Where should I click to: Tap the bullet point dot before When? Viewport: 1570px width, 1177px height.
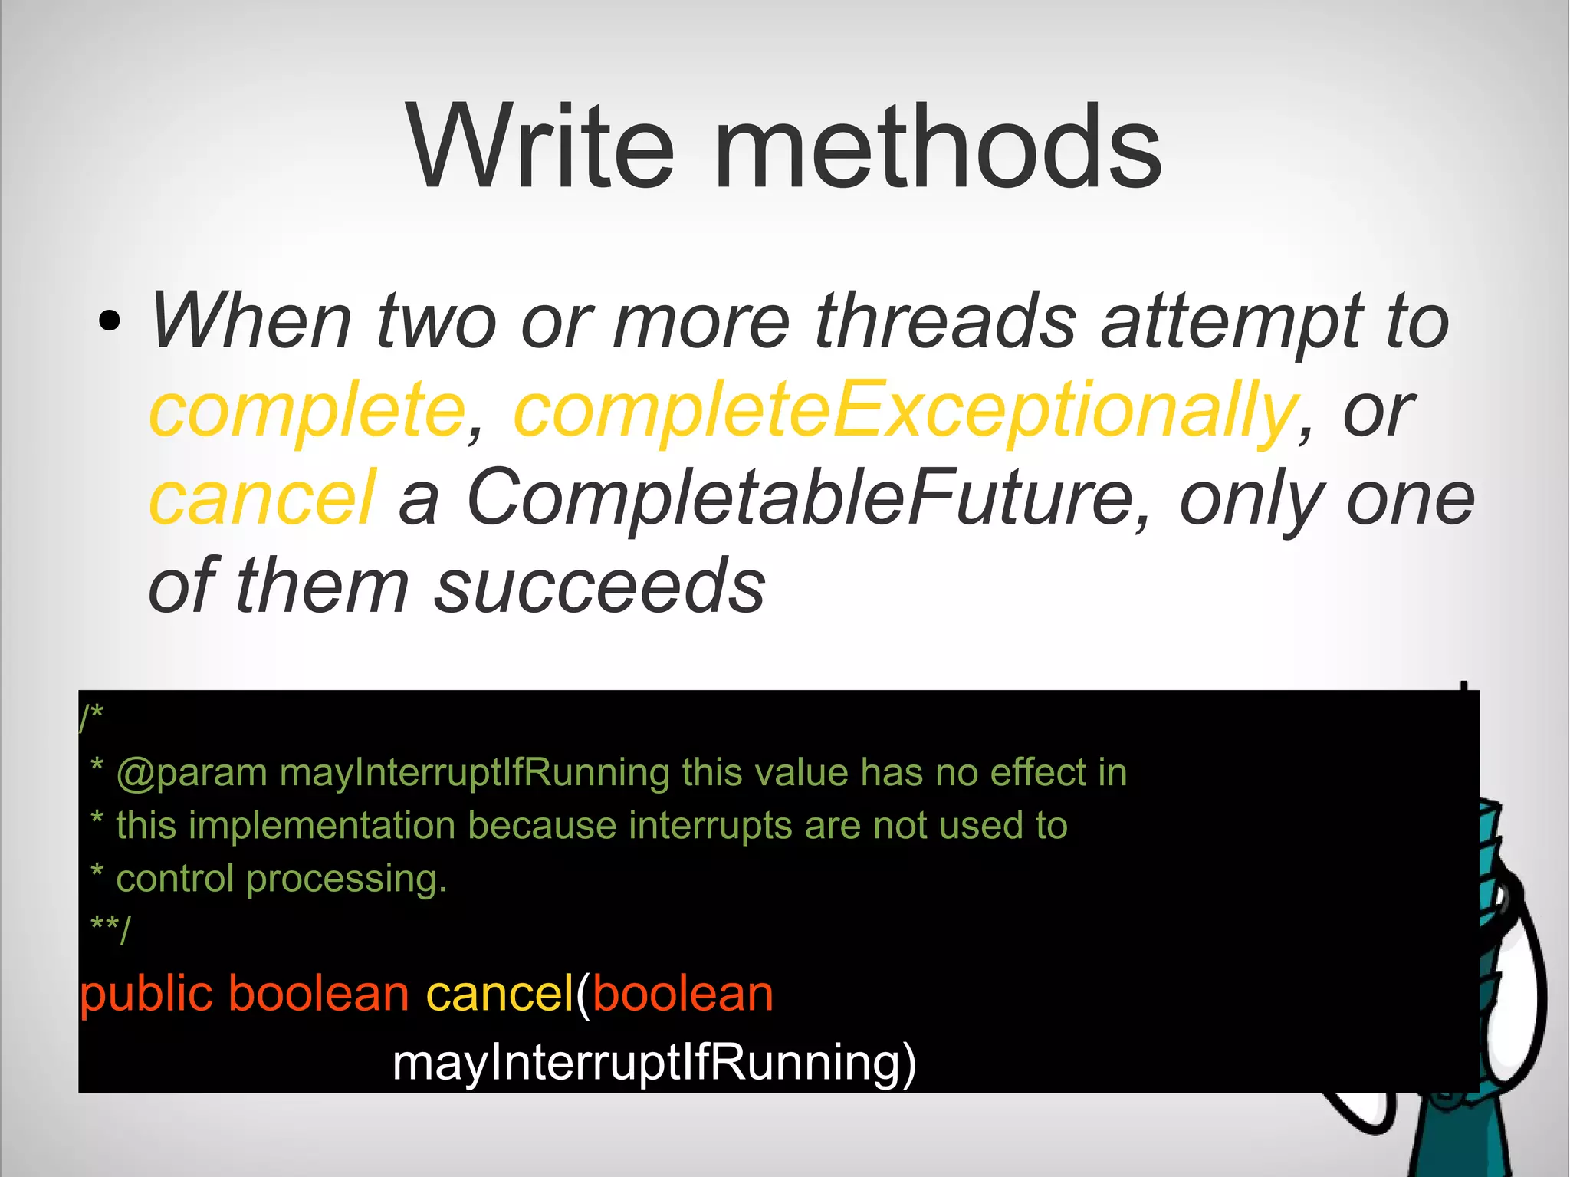coord(110,321)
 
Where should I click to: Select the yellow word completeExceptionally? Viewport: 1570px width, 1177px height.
coord(905,410)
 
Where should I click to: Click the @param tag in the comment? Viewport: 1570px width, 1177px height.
coord(192,773)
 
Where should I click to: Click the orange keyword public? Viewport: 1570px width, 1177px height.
coord(146,994)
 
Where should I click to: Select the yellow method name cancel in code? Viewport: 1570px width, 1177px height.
coord(499,994)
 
